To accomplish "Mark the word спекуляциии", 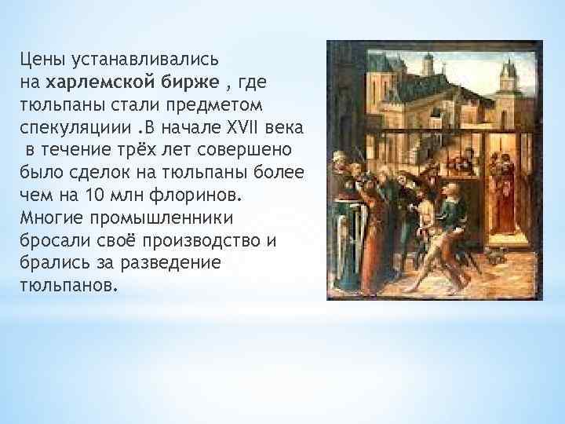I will (x=65, y=126).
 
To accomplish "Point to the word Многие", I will (x=50, y=217).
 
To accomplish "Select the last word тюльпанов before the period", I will (x=64, y=285).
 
